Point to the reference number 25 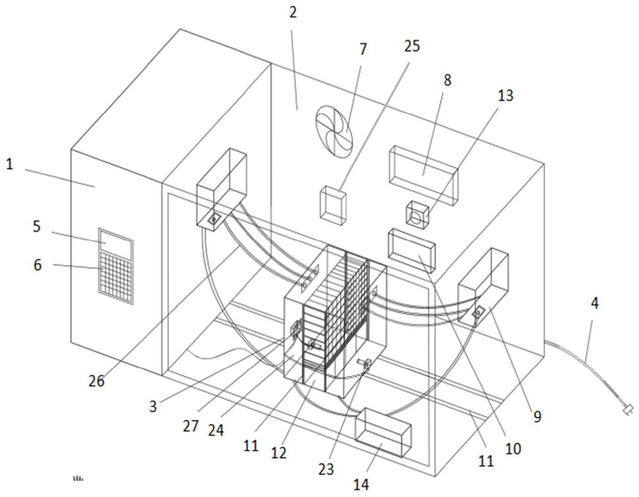coord(412,46)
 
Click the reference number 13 coord(506,96)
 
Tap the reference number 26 coord(97,381)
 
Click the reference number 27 coord(191,426)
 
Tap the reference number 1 coord(10,164)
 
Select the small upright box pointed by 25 coord(333,205)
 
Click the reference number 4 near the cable coord(595,303)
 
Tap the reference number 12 coord(279,453)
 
